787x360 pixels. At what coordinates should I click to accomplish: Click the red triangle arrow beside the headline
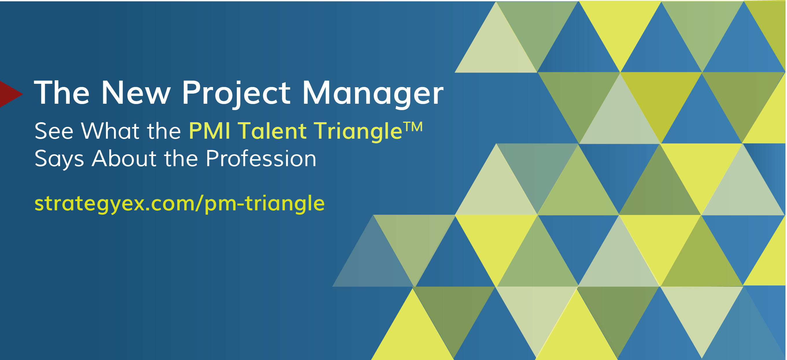9,94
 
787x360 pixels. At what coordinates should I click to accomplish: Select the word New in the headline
135,92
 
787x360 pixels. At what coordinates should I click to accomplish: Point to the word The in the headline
62,92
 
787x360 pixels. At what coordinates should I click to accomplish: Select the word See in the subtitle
54,131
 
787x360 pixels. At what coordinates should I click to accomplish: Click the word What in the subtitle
110,131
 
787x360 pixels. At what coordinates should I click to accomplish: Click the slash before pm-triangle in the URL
199,203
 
